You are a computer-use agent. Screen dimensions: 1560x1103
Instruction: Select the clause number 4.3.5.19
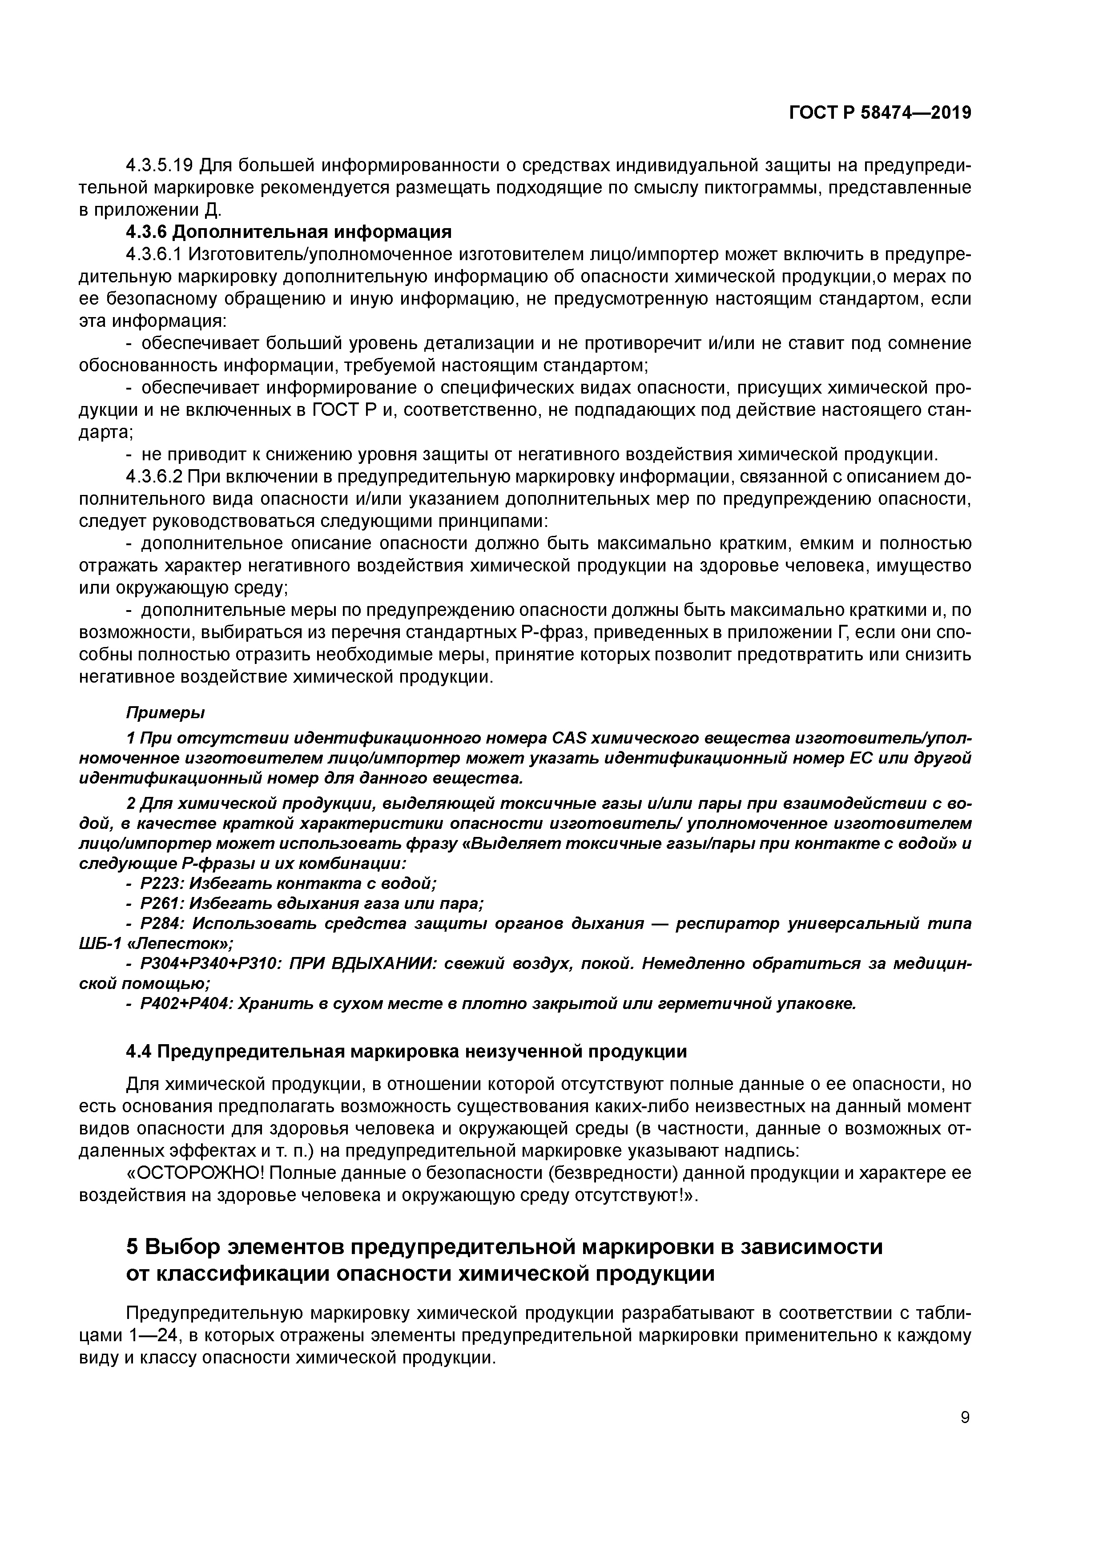(160, 165)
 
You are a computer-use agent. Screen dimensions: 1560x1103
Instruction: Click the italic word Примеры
(165, 713)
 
